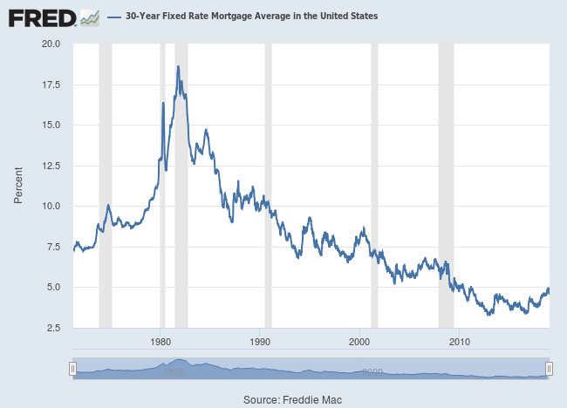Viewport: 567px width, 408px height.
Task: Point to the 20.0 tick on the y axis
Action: click(51, 44)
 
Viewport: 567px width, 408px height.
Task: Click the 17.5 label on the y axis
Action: click(51, 85)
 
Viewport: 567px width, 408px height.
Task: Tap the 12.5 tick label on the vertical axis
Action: click(51, 166)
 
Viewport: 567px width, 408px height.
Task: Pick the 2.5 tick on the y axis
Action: click(53, 328)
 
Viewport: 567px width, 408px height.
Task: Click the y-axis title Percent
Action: click(17, 186)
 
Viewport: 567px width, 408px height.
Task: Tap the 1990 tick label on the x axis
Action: click(261, 340)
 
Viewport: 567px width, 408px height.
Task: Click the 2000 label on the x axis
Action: click(360, 340)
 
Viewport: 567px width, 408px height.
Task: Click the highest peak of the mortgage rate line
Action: click(178, 66)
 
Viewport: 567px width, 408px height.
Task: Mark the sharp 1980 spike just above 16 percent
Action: click(163, 103)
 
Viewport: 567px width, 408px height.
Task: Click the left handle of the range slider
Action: click(73, 370)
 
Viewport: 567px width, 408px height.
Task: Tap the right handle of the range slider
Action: click(549, 370)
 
